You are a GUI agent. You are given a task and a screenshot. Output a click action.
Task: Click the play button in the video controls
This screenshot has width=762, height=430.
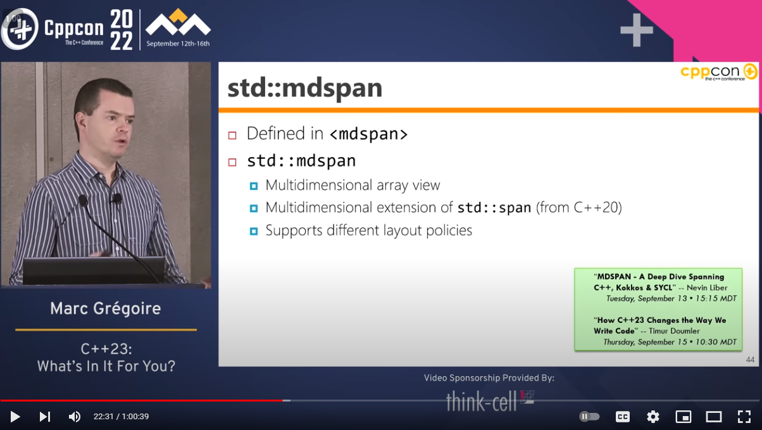[x=15, y=416]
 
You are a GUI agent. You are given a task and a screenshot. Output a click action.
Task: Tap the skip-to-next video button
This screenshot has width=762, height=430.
[x=44, y=416]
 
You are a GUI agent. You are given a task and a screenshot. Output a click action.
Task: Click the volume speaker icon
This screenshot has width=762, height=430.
[x=75, y=416]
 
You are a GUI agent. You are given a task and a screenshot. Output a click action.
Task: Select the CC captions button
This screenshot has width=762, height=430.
[x=623, y=417]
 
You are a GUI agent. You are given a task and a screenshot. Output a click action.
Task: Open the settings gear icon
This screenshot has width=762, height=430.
[x=653, y=417]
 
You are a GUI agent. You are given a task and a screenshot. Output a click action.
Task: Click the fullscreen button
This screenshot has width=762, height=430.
[x=744, y=417]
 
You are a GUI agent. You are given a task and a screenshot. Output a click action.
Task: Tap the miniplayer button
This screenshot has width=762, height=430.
[x=683, y=417]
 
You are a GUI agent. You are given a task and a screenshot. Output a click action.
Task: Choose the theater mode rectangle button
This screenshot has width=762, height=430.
[x=714, y=417]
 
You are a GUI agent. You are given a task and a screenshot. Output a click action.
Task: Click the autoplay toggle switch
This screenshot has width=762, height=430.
[x=589, y=416]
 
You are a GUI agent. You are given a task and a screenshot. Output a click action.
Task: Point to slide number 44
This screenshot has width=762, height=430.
[x=750, y=360]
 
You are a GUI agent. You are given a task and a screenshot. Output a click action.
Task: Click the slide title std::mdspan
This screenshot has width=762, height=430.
[x=305, y=88]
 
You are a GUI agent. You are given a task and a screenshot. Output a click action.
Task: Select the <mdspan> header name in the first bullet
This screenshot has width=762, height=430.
[x=369, y=134]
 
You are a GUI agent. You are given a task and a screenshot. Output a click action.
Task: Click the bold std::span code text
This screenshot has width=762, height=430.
[x=494, y=207]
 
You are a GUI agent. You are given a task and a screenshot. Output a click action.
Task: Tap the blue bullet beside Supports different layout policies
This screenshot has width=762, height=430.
[x=254, y=231]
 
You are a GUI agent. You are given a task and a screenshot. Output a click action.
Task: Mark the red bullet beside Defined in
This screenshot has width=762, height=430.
[x=232, y=135]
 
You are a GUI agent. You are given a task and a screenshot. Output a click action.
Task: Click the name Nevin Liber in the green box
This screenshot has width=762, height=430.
[x=707, y=288]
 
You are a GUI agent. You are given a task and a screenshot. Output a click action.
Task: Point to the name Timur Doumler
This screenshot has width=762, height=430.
[x=674, y=331]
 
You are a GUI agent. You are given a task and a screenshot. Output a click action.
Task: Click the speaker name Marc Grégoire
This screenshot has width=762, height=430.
[x=106, y=308]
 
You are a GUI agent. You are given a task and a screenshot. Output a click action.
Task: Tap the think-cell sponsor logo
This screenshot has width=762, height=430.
[x=490, y=402]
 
